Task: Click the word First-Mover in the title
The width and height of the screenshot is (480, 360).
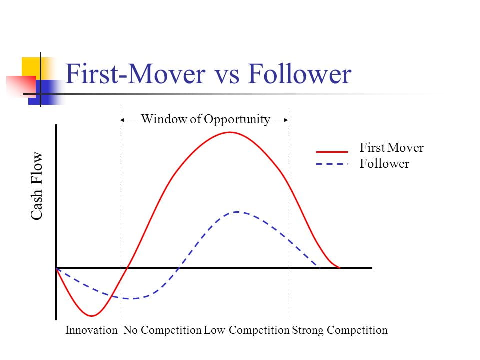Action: [x=135, y=74]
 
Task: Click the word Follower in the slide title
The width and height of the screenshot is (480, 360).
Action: [x=299, y=74]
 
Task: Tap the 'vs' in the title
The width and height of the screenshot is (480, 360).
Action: [x=227, y=77]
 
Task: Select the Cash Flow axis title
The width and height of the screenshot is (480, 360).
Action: [x=36, y=186]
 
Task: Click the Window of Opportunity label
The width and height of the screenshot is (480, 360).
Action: [x=205, y=119]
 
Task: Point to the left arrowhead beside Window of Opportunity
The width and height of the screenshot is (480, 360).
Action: [x=122, y=120]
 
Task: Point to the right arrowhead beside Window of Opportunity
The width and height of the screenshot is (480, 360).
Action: [x=286, y=120]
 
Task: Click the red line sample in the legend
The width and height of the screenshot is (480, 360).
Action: [x=332, y=152]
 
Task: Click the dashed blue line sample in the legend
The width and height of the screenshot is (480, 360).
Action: [x=332, y=164]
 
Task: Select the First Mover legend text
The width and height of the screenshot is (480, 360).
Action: [x=391, y=148]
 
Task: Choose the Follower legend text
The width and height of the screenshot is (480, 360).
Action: [x=384, y=164]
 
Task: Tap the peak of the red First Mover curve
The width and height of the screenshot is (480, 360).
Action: [x=230, y=132]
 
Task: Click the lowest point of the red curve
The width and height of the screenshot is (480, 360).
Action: [x=92, y=315]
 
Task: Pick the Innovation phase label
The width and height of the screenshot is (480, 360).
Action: [x=91, y=330]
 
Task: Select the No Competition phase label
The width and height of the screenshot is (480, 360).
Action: [x=162, y=330]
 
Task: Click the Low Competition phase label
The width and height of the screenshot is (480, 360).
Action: [x=246, y=330]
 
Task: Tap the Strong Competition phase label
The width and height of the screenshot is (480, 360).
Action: [x=340, y=330]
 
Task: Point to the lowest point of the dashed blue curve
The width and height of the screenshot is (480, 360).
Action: [x=131, y=298]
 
